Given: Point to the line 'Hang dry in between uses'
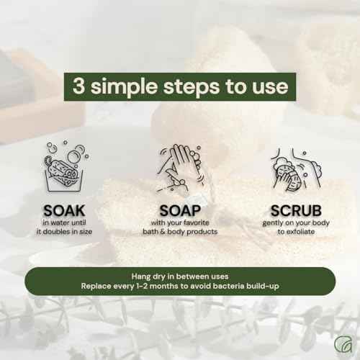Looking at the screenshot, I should click(179, 275).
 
